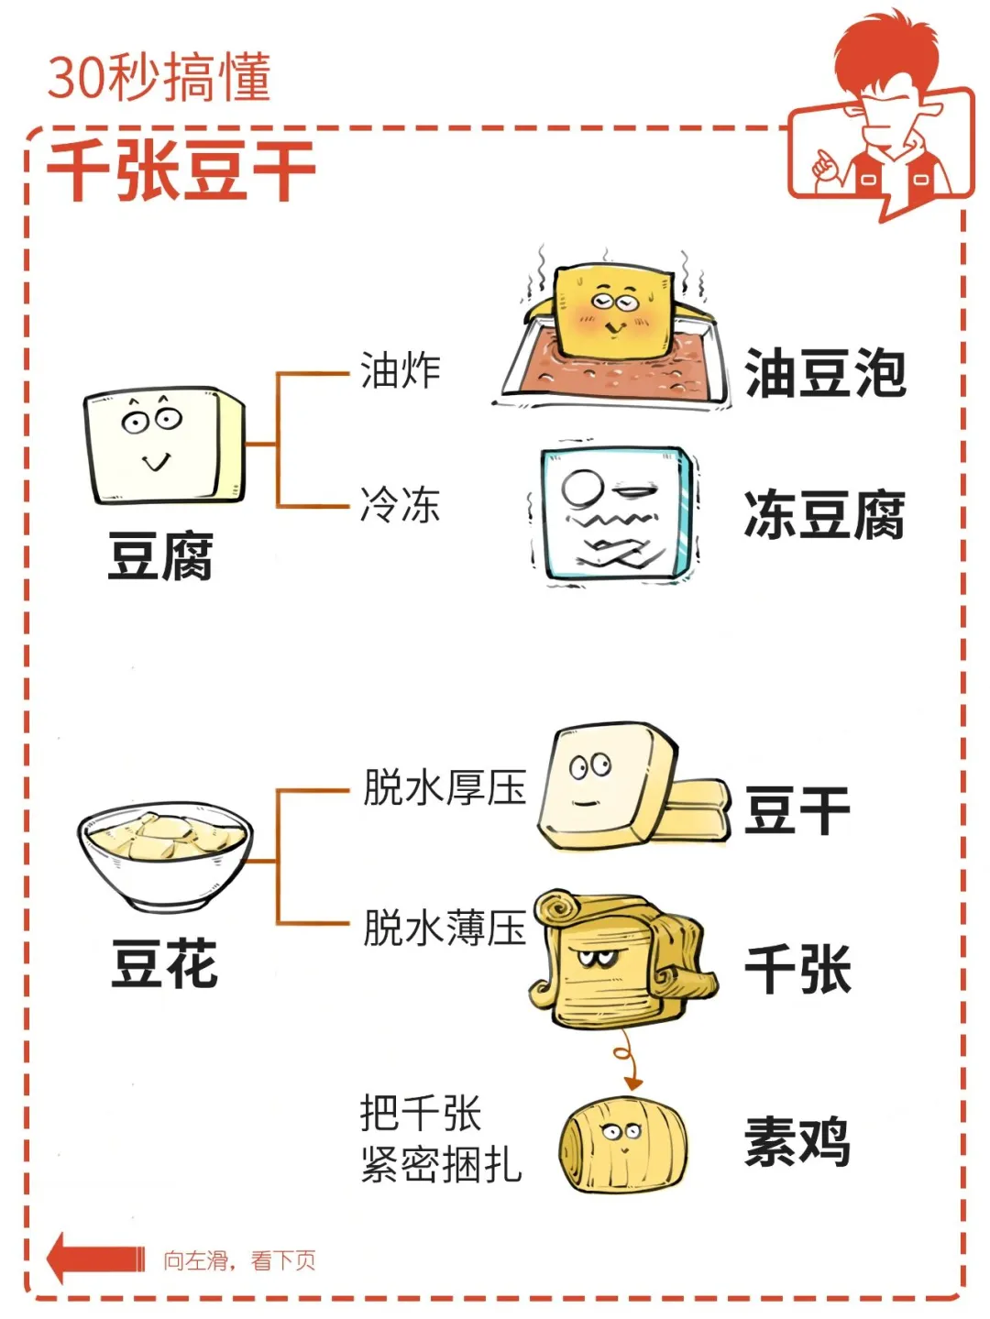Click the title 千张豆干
pyautogui.click(x=181, y=170)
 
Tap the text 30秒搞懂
pyautogui.click(x=159, y=78)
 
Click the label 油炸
pyautogui.click(x=400, y=371)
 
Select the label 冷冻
pyautogui.click(x=400, y=505)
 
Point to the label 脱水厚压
pyautogui.click(x=445, y=787)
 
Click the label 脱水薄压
pyautogui.click(x=445, y=928)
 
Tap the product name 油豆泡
pyautogui.click(x=825, y=373)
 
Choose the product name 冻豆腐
pyautogui.click(x=825, y=514)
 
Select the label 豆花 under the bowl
pyautogui.click(x=165, y=963)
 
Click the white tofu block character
pyautogui.click(x=163, y=445)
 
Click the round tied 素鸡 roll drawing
pyautogui.click(x=622, y=1144)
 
